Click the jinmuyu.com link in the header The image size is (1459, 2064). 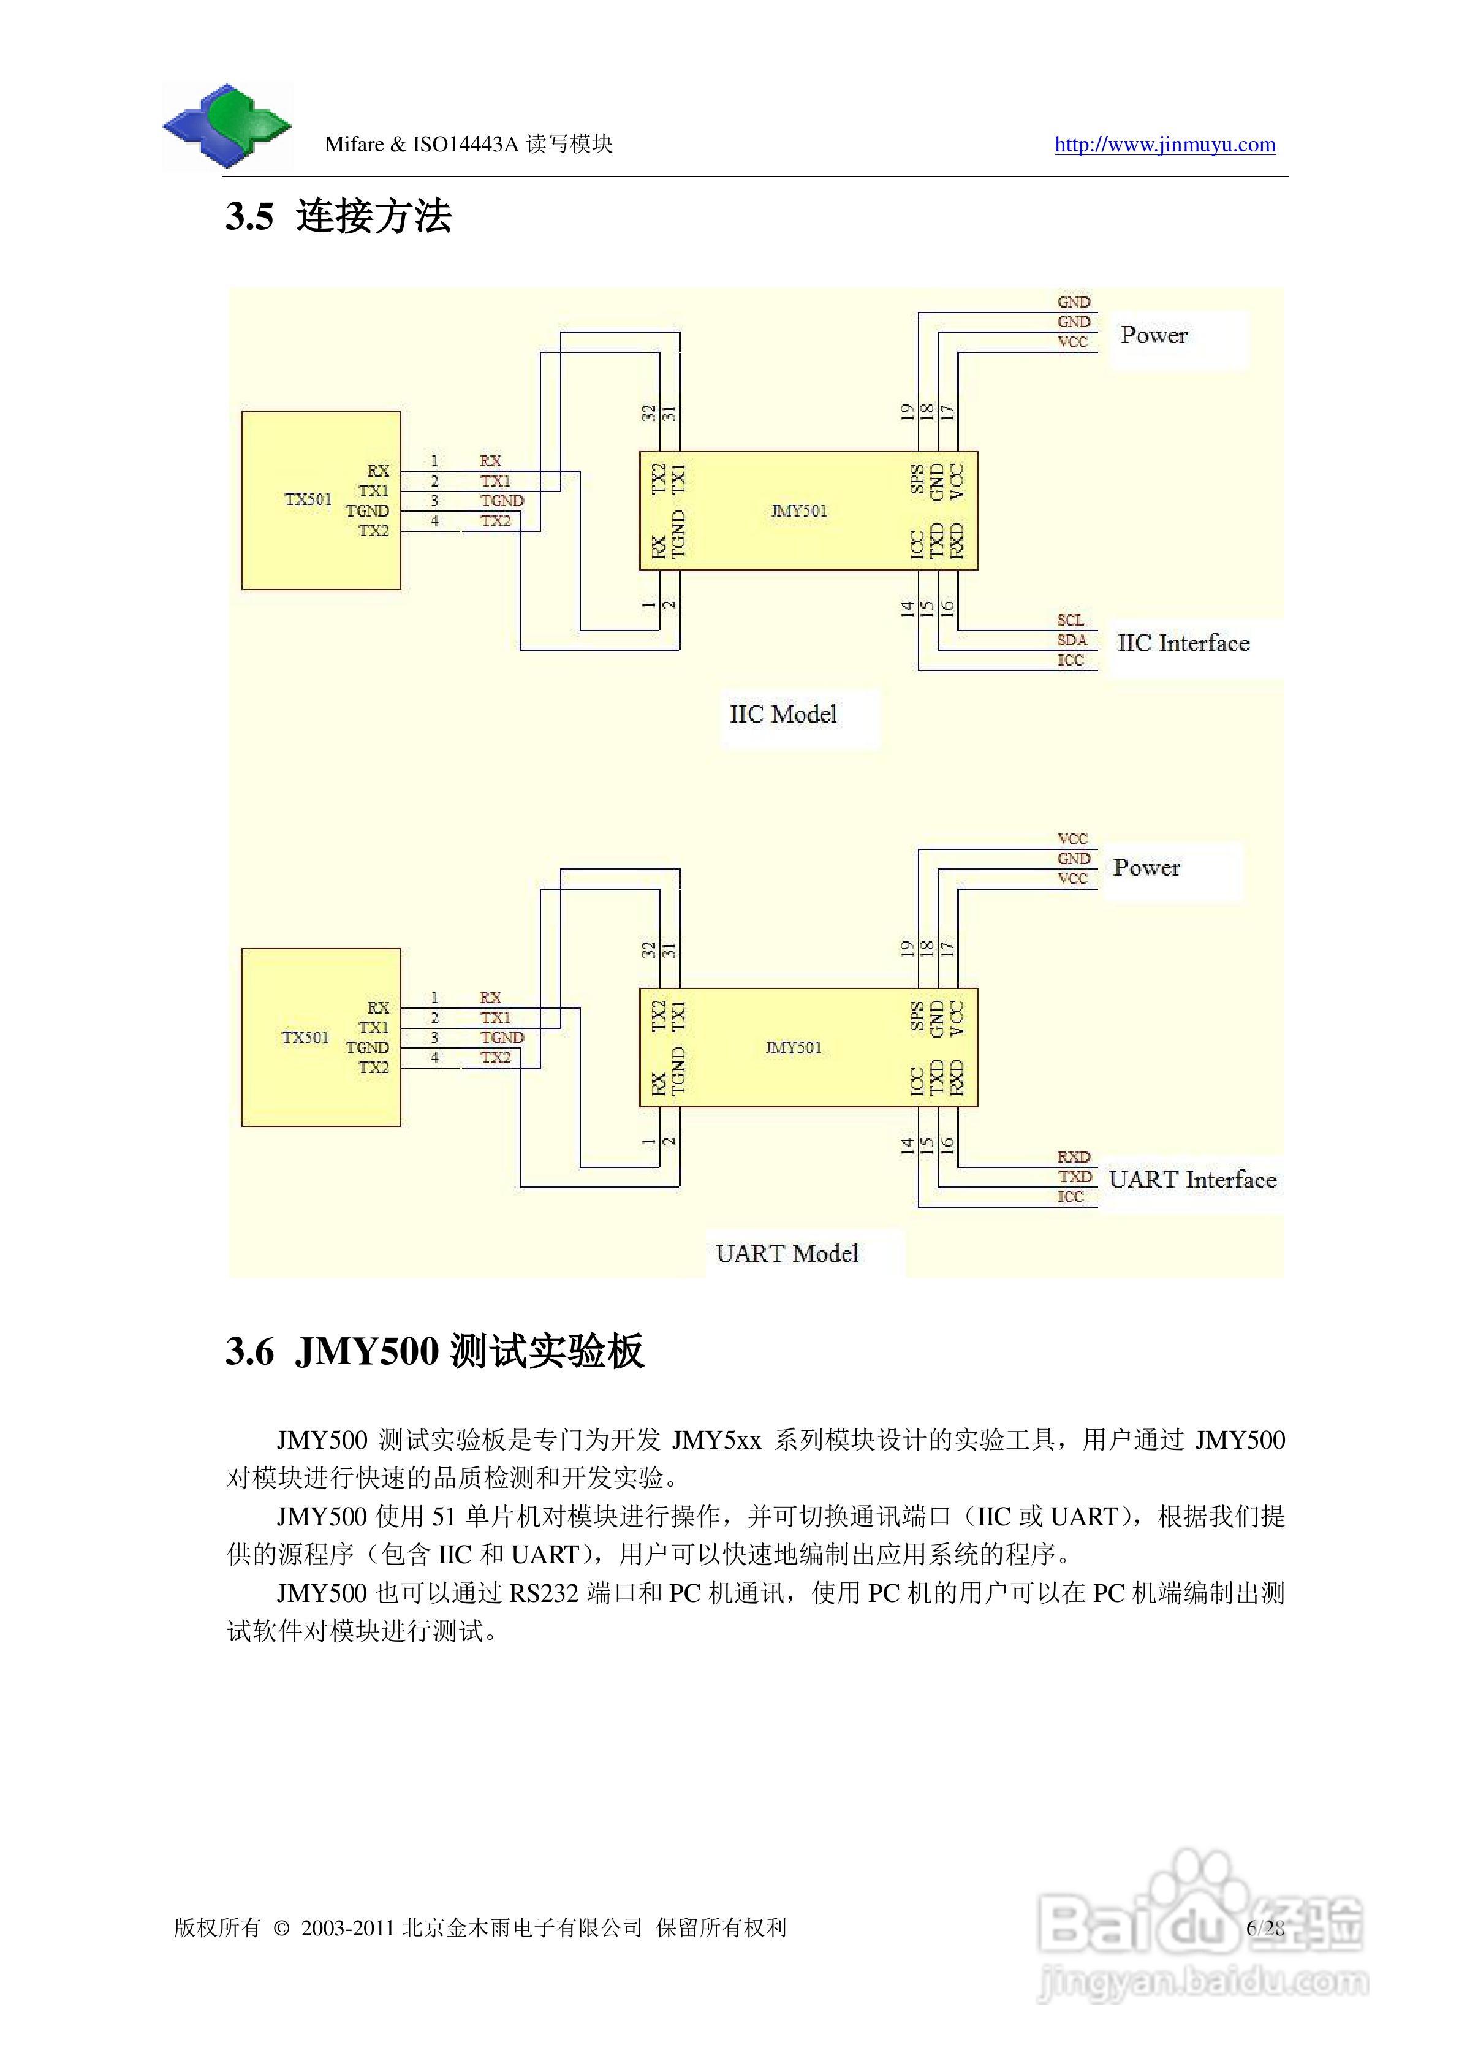[1164, 145]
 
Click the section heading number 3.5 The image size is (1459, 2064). [249, 217]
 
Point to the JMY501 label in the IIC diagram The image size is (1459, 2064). [798, 510]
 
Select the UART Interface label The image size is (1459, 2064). [1192, 1180]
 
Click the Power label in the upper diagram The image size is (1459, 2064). [1153, 335]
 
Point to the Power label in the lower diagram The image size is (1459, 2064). [1146, 868]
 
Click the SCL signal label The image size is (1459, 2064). [1071, 620]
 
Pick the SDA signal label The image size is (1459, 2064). [1072, 640]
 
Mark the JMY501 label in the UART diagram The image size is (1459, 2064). [793, 1047]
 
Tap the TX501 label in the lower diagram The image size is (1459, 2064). [306, 1038]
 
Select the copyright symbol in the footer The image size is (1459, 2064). [281, 1928]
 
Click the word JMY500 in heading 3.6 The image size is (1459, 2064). [367, 1351]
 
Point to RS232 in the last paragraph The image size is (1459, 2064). [543, 1593]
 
